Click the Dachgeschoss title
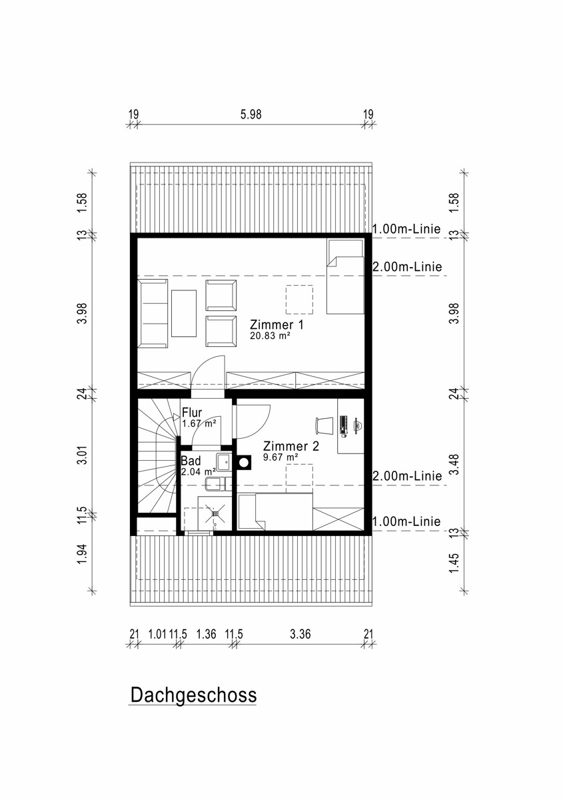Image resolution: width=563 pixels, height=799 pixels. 193,694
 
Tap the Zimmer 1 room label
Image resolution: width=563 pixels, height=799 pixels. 277,325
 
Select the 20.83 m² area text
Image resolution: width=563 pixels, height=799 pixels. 270,336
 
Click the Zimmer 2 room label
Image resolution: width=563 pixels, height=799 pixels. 291,446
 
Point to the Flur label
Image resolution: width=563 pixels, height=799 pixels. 192,413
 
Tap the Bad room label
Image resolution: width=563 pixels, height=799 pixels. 191,461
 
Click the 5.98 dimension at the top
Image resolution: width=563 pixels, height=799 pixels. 251,114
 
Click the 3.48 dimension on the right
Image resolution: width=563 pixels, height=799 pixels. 454,464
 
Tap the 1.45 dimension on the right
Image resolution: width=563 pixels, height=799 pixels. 454,563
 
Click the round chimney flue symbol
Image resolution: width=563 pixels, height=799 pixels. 244,462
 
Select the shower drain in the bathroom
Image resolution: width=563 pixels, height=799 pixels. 216,513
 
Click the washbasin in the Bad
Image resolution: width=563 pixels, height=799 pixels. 224,462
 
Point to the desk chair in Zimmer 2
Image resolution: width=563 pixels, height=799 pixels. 322,426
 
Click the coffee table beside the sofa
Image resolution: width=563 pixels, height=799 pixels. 184,313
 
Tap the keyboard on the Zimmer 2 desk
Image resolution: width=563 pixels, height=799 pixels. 343,426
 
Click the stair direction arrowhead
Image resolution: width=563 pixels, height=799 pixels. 176,417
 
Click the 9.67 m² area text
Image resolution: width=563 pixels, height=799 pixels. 281,457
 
